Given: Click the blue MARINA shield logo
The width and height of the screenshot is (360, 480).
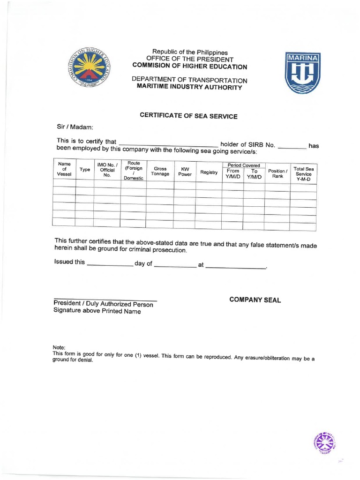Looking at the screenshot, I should (x=302, y=73).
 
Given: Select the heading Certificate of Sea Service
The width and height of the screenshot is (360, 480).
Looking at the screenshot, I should (x=189, y=116).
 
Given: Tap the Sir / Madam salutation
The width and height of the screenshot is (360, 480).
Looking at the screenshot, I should (x=75, y=127).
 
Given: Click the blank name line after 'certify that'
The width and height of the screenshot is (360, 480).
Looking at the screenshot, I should (x=169, y=144).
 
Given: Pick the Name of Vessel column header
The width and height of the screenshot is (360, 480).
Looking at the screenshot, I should (x=64, y=169).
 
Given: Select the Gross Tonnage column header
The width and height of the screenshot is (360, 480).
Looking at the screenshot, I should (x=160, y=172).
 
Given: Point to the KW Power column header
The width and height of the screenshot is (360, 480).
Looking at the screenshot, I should (x=185, y=172).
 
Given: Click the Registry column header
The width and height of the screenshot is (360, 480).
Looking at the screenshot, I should (x=209, y=172).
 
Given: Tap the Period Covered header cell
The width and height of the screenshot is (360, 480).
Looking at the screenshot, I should (x=243, y=165).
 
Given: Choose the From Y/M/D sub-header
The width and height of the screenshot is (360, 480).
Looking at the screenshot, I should (x=232, y=174).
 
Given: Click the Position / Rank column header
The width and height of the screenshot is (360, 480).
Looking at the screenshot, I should (x=277, y=173).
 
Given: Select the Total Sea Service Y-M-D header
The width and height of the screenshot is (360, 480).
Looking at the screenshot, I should (x=303, y=174).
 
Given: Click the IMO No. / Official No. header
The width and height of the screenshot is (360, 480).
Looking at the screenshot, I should (x=107, y=170).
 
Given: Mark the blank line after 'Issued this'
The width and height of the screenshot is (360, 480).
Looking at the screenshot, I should (x=110, y=264).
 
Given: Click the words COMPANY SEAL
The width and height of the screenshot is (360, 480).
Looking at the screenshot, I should (x=255, y=300).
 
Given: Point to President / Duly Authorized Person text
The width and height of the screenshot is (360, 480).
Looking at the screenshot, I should (x=103, y=304).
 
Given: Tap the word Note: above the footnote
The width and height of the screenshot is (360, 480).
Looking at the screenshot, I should (x=59, y=347).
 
